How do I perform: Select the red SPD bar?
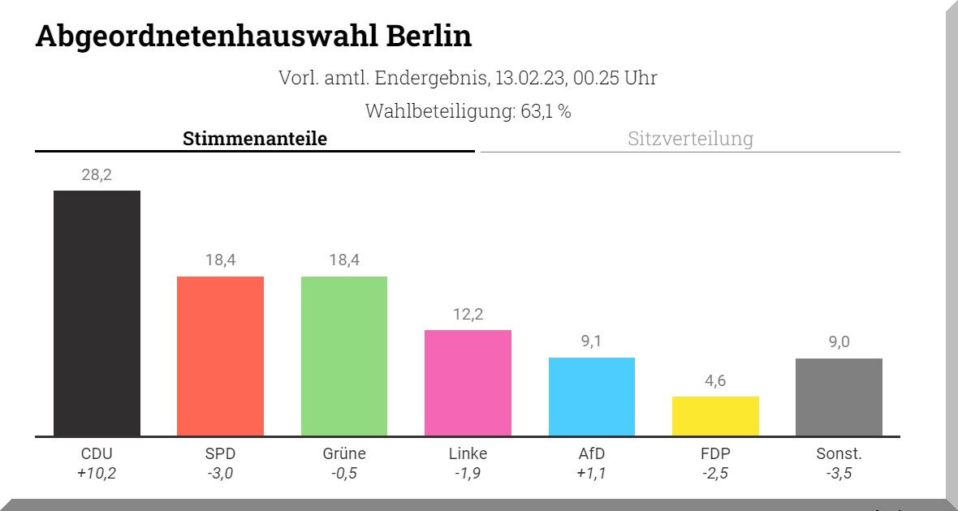(x=220, y=356)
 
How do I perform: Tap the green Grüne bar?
(x=344, y=356)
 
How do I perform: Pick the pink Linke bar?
(x=468, y=383)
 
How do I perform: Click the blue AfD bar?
(x=592, y=397)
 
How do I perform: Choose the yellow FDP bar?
(x=715, y=416)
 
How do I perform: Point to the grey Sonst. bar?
(x=839, y=397)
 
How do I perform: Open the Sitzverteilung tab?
(x=690, y=139)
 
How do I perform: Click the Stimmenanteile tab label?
(x=255, y=139)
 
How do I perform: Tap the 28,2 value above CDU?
(x=97, y=174)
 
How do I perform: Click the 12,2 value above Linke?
(x=468, y=314)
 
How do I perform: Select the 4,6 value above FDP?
(x=715, y=380)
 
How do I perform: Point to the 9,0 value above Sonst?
(x=839, y=342)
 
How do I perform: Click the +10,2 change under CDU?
(x=97, y=474)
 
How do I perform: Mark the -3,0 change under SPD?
(x=220, y=474)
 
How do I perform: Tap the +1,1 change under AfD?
(x=592, y=474)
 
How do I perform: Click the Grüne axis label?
(x=344, y=454)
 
